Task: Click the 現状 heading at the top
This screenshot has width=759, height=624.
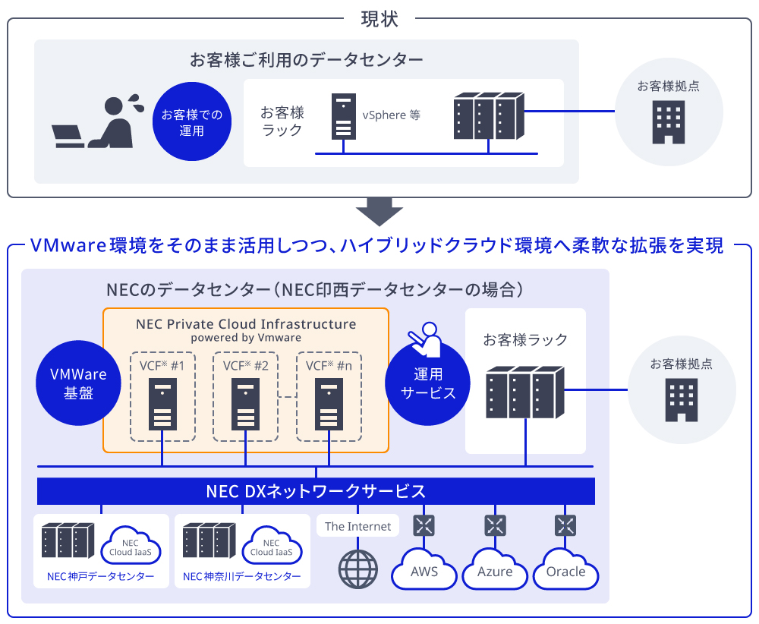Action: click(379, 18)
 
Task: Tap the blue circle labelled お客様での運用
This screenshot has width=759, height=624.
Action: click(192, 122)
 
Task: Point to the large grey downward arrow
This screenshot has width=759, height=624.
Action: click(379, 211)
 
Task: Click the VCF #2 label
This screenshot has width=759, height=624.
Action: click(245, 366)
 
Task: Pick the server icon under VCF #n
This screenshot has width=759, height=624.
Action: click(329, 407)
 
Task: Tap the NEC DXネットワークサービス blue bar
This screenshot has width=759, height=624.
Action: click(316, 491)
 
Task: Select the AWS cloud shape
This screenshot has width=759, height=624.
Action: click(424, 571)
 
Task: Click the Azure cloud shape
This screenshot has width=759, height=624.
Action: click(495, 571)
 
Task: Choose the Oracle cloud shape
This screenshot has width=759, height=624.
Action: click(565, 571)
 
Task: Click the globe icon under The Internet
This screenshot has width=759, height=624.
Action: click(357, 569)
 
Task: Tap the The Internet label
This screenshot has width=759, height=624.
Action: click(357, 526)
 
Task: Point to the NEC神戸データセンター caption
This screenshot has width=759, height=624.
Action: click(100, 577)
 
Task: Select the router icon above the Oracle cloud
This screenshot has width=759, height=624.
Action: click(565, 525)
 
